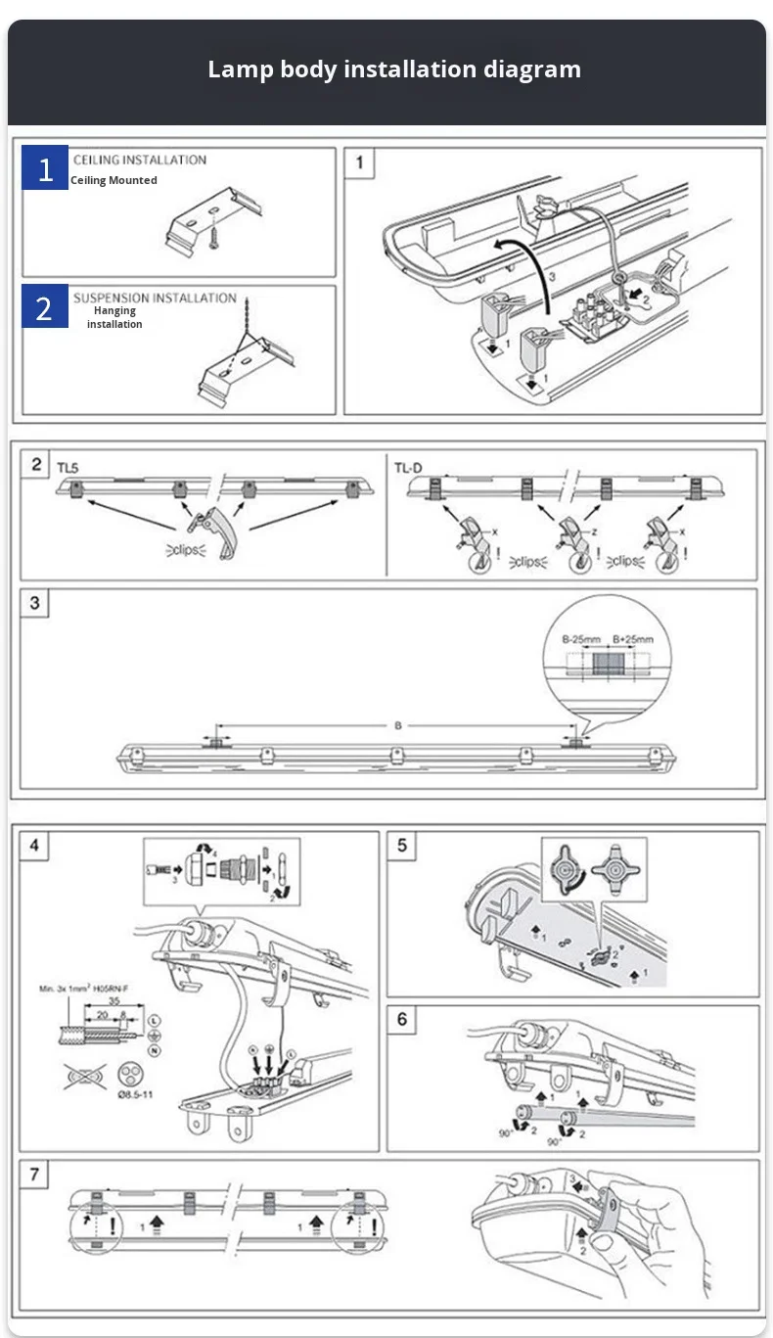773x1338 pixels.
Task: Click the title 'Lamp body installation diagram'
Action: (x=394, y=69)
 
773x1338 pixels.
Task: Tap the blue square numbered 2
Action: (x=45, y=308)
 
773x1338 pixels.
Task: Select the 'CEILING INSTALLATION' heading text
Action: (x=140, y=160)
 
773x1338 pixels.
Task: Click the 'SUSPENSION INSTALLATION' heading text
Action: (x=155, y=298)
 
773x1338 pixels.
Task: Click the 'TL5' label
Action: (x=67, y=469)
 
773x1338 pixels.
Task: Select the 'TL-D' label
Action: (x=408, y=468)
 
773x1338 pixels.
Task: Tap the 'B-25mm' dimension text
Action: (x=581, y=639)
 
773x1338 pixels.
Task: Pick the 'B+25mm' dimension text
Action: (x=632, y=639)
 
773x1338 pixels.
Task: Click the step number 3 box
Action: (x=35, y=603)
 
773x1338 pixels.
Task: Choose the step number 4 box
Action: (x=35, y=845)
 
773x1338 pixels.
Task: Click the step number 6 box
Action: (x=402, y=1020)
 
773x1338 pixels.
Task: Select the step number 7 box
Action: (x=35, y=1174)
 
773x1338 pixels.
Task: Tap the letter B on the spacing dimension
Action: (x=398, y=725)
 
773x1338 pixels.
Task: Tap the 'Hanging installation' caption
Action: (x=114, y=317)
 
